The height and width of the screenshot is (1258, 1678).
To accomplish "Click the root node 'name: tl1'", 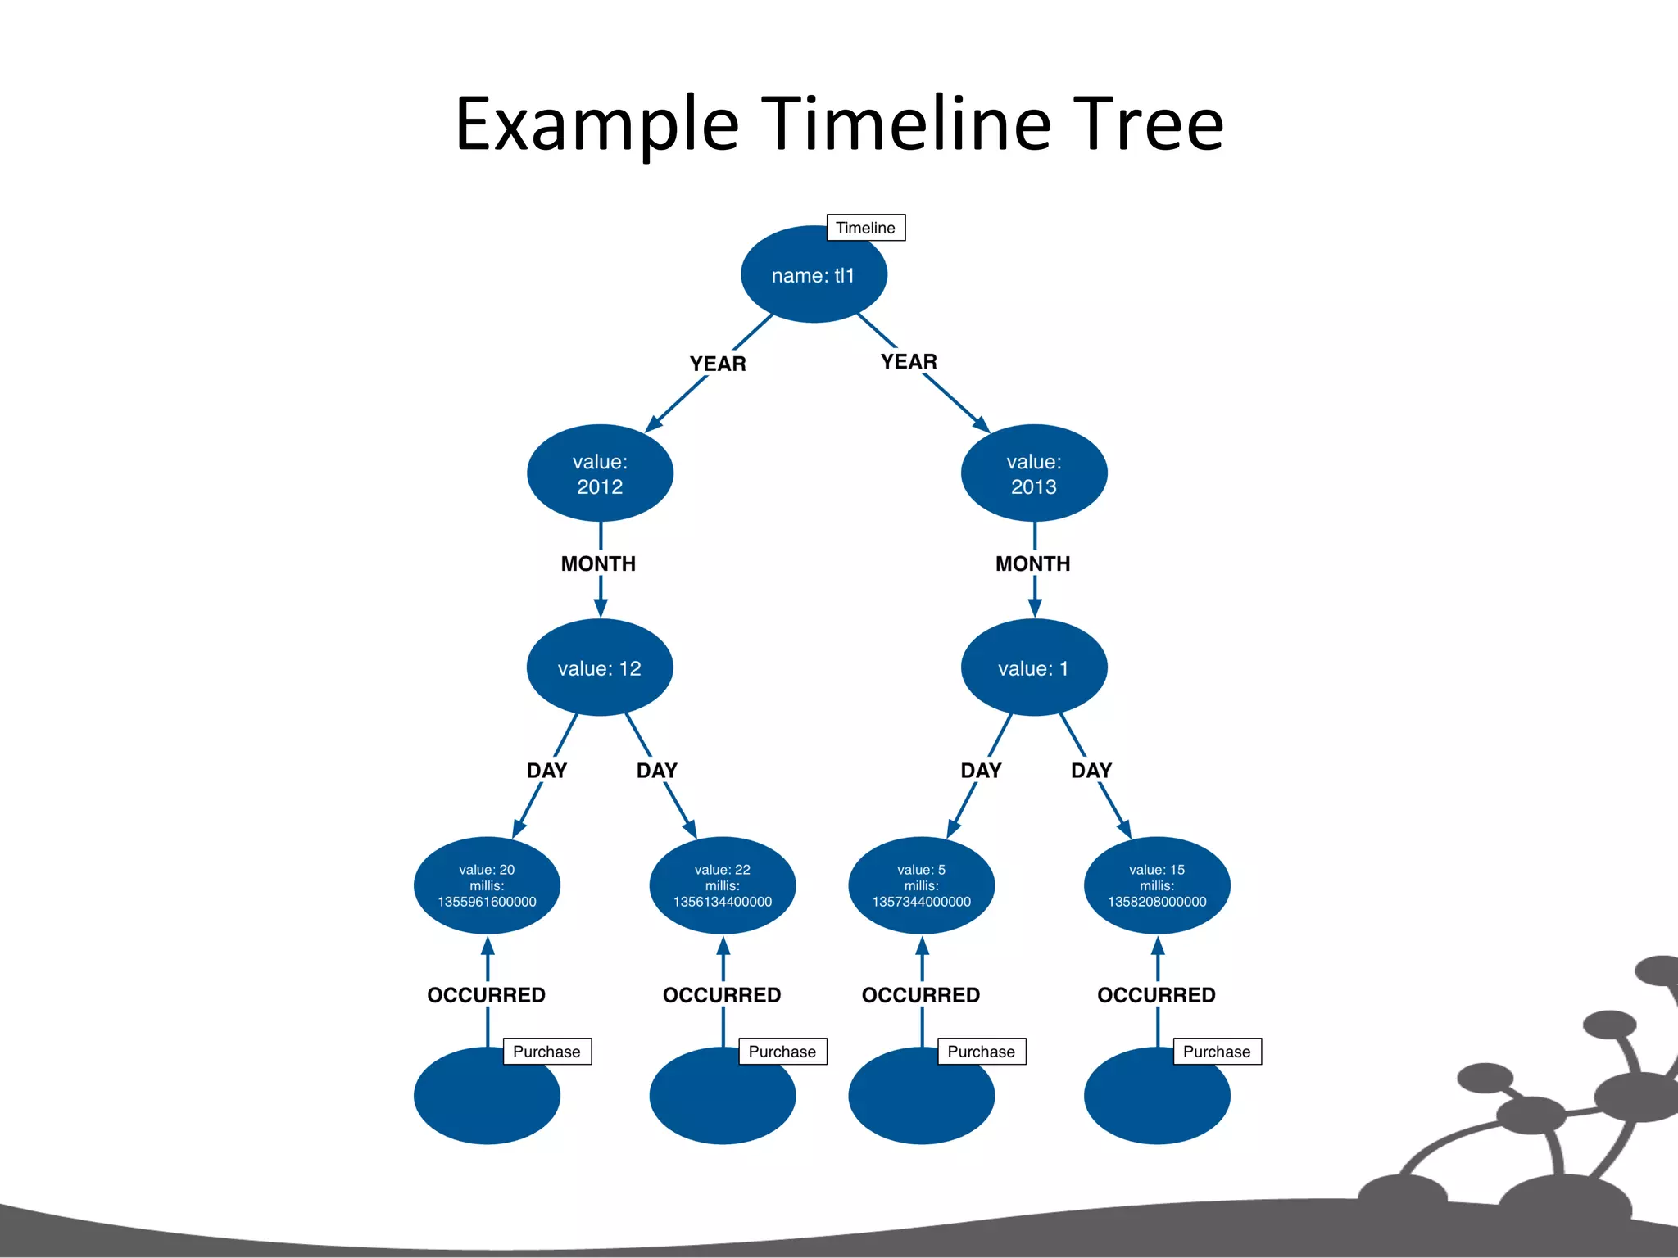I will pos(813,275).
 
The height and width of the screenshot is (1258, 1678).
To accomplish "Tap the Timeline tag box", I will pos(865,228).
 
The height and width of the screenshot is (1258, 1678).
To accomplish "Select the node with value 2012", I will pos(600,473).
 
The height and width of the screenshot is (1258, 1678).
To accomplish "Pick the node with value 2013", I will pos(1034,473).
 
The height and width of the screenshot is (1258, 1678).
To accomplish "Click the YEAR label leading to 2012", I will pos(718,364).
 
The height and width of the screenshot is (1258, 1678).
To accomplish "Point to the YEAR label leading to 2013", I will pos(909,361).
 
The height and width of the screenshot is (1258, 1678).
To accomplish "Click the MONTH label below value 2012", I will pos(598,563).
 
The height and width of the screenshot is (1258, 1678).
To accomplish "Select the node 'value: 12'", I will pos(600,668).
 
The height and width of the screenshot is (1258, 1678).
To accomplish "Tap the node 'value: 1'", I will pos(1034,668).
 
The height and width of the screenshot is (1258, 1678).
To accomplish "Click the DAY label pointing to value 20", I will pos(546,770).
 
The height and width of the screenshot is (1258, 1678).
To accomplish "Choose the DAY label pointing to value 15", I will pos(1091,770).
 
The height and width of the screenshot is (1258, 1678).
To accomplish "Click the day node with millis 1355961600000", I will pos(487,885).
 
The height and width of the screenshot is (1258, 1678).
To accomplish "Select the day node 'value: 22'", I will pos(722,885).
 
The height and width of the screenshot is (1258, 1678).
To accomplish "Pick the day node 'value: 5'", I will pos(921,885).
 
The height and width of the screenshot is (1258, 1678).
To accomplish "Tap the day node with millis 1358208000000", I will pos(1157,885).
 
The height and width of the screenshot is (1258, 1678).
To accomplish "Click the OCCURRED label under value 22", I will pos(722,994).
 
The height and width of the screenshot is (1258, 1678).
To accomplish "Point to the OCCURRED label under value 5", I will pos(921,994).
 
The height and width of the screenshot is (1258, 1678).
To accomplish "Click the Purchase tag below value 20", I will pos(546,1052).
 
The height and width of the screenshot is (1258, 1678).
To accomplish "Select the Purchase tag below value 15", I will pos(1217,1052).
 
